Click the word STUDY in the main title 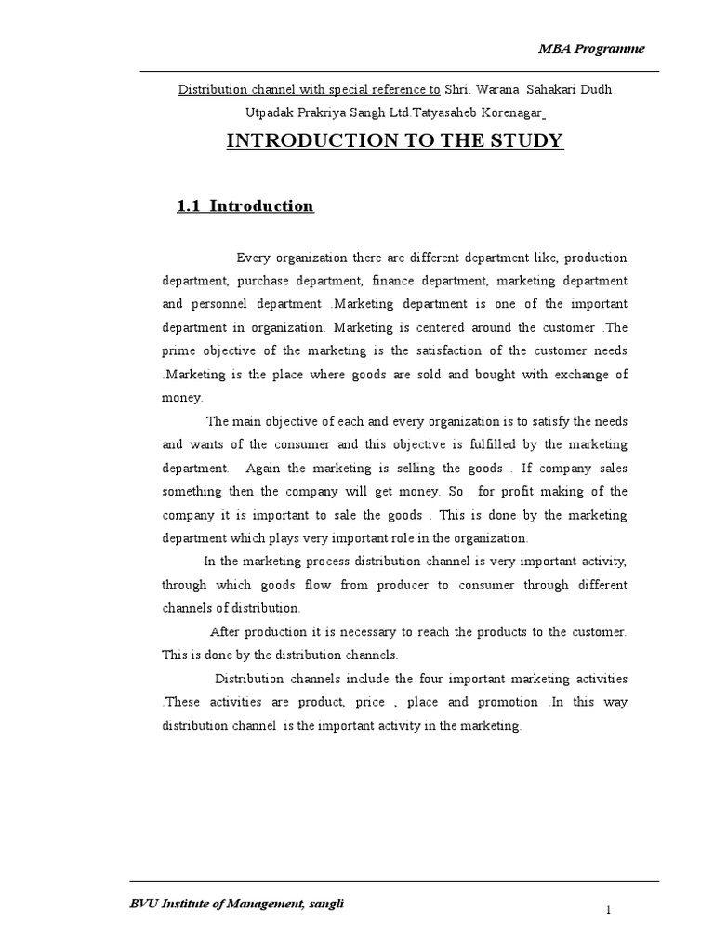click(524, 140)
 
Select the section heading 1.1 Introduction click(245, 205)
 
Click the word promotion click(508, 702)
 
